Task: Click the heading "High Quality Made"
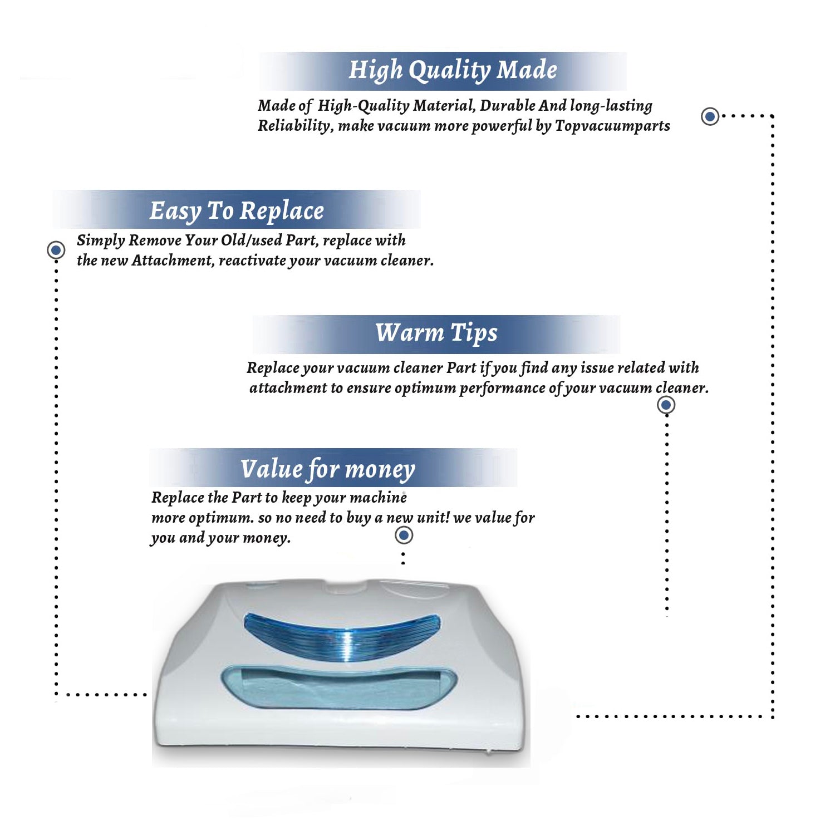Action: click(453, 71)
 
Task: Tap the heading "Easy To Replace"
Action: click(237, 212)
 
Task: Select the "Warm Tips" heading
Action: click(436, 333)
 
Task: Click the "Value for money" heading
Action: click(327, 469)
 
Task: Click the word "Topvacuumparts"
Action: click(612, 126)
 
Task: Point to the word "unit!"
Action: click(433, 517)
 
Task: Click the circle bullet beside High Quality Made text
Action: click(710, 116)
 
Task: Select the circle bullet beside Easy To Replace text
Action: click(56, 250)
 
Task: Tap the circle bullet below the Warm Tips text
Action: click(666, 405)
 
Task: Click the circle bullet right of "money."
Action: click(404, 536)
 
